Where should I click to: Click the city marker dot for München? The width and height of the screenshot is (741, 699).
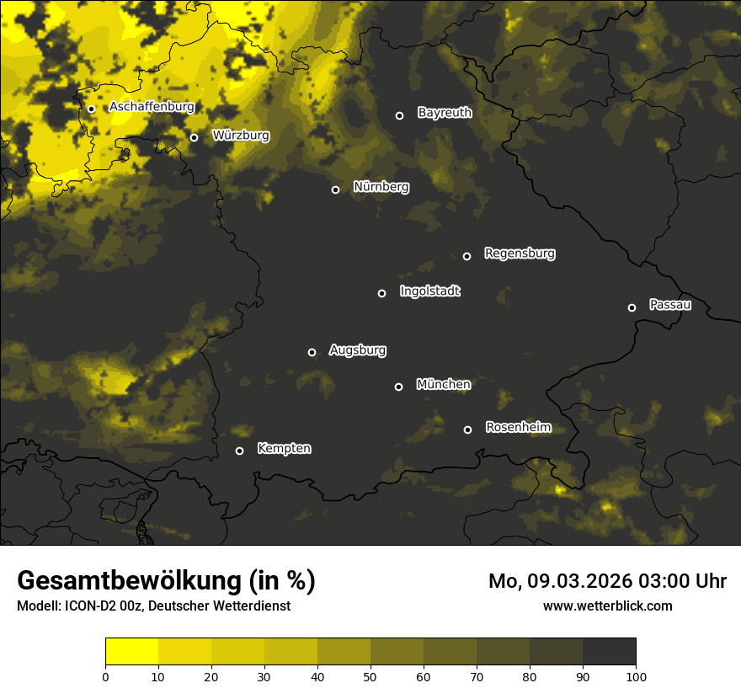[399, 387]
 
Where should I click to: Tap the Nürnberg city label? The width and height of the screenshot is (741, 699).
[381, 187]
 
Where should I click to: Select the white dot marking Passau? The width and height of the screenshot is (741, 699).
[632, 307]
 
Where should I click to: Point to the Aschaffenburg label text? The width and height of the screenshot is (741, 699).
[152, 107]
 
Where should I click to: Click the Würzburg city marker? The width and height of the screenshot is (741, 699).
[194, 137]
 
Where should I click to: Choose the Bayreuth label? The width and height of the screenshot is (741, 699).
[445, 113]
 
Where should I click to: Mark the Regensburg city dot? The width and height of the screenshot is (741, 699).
[466, 256]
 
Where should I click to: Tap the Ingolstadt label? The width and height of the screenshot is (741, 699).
[430, 291]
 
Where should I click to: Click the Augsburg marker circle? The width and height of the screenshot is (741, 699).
[312, 352]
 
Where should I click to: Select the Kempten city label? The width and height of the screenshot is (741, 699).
[284, 449]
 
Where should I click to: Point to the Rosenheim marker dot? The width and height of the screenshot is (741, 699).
[467, 430]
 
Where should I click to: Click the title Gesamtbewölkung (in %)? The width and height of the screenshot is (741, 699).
[166, 581]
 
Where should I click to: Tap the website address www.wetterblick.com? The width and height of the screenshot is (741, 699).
[608, 606]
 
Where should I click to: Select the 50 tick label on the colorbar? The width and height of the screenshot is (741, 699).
[370, 676]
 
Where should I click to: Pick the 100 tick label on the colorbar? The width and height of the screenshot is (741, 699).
[636, 676]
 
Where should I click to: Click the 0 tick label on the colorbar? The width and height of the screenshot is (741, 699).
[105, 676]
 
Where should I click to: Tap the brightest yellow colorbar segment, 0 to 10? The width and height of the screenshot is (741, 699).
[131, 652]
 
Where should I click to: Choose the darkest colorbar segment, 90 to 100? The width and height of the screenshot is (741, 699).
[609, 652]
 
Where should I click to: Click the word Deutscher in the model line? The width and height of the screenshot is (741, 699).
[181, 606]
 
